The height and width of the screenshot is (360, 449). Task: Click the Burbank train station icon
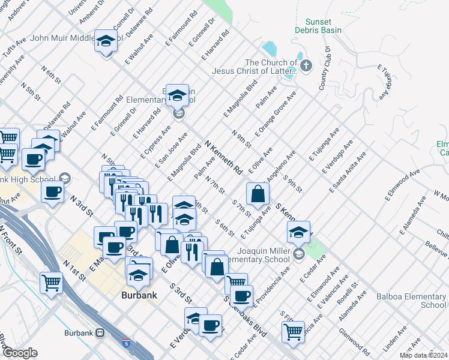pyautogui.click(x=100, y=332)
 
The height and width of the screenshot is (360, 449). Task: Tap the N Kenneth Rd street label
pyautogui.click(x=223, y=157)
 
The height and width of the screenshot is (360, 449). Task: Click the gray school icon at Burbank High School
pyautogui.click(x=65, y=178)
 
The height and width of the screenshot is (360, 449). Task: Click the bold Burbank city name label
pyautogui.click(x=139, y=295)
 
